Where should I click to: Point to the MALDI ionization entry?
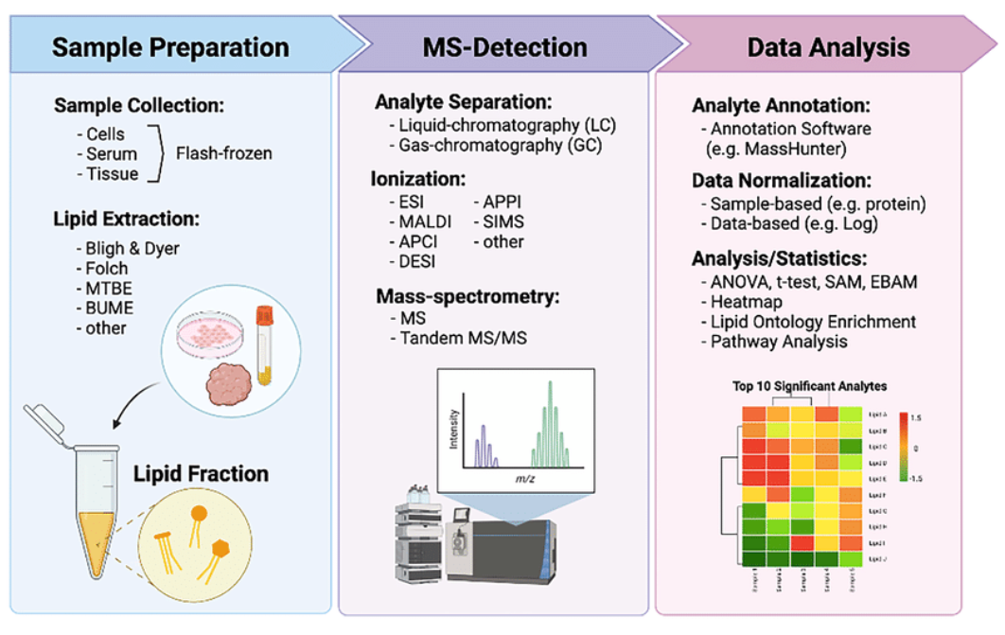[420, 221]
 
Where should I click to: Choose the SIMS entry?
[504, 221]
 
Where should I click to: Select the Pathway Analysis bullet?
[779, 342]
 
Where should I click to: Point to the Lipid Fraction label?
[201, 473]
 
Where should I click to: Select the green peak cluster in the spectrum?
[549, 426]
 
